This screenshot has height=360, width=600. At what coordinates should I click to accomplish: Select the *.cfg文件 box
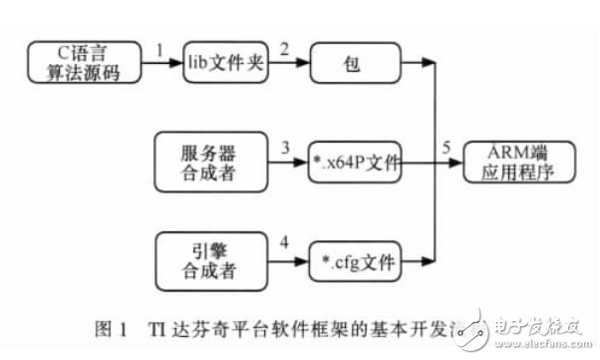click(355, 264)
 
